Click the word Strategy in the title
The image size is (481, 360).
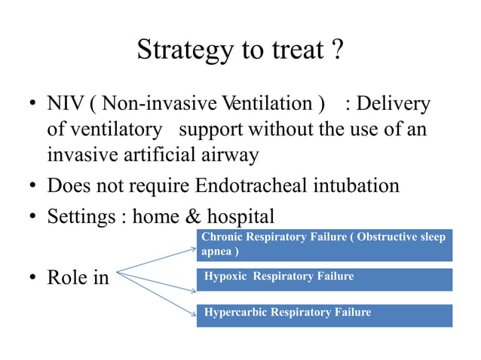(185, 50)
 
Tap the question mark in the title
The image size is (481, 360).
(338, 49)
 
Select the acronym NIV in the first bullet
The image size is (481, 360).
(66, 103)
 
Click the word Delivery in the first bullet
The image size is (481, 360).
(394, 104)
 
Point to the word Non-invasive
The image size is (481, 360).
(160, 103)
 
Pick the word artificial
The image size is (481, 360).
(160, 154)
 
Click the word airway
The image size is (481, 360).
(230, 156)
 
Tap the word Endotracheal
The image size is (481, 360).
(251, 185)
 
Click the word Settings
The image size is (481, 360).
(81, 217)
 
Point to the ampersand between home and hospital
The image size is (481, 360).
(193, 216)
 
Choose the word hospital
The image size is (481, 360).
(240, 217)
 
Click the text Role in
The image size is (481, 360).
(78, 277)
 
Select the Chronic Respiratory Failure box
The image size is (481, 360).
(324, 245)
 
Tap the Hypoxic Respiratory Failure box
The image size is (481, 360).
(324, 279)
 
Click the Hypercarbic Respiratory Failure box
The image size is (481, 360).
(324, 316)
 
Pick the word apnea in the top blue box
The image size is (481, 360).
(216, 252)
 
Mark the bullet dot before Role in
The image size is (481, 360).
(33, 277)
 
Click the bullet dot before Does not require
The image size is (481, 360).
(33, 185)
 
